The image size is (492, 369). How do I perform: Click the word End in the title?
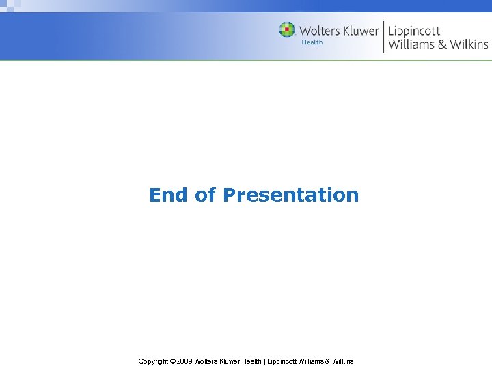tap(169, 195)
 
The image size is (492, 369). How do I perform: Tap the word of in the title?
tap(205, 195)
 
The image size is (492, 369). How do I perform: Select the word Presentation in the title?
tap(290, 195)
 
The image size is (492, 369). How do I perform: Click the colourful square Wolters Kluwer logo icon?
tap(287, 30)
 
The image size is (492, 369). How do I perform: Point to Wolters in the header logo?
tap(320, 31)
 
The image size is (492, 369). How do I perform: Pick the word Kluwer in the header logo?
tap(360, 31)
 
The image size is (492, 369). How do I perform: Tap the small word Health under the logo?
tap(312, 42)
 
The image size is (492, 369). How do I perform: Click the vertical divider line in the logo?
tap(383, 36)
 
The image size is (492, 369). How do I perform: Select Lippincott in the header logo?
tap(414, 31)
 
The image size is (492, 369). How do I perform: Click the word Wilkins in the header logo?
tap(469, 45)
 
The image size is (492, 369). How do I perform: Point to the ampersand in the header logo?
tap(442, 45)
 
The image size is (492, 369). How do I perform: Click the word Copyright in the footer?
tap(153, 361)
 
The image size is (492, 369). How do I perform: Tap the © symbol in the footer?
tap(172, 361)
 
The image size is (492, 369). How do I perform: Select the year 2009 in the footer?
tap(184, 361)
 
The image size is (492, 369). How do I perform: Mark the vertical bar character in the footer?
tap(264, 361)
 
